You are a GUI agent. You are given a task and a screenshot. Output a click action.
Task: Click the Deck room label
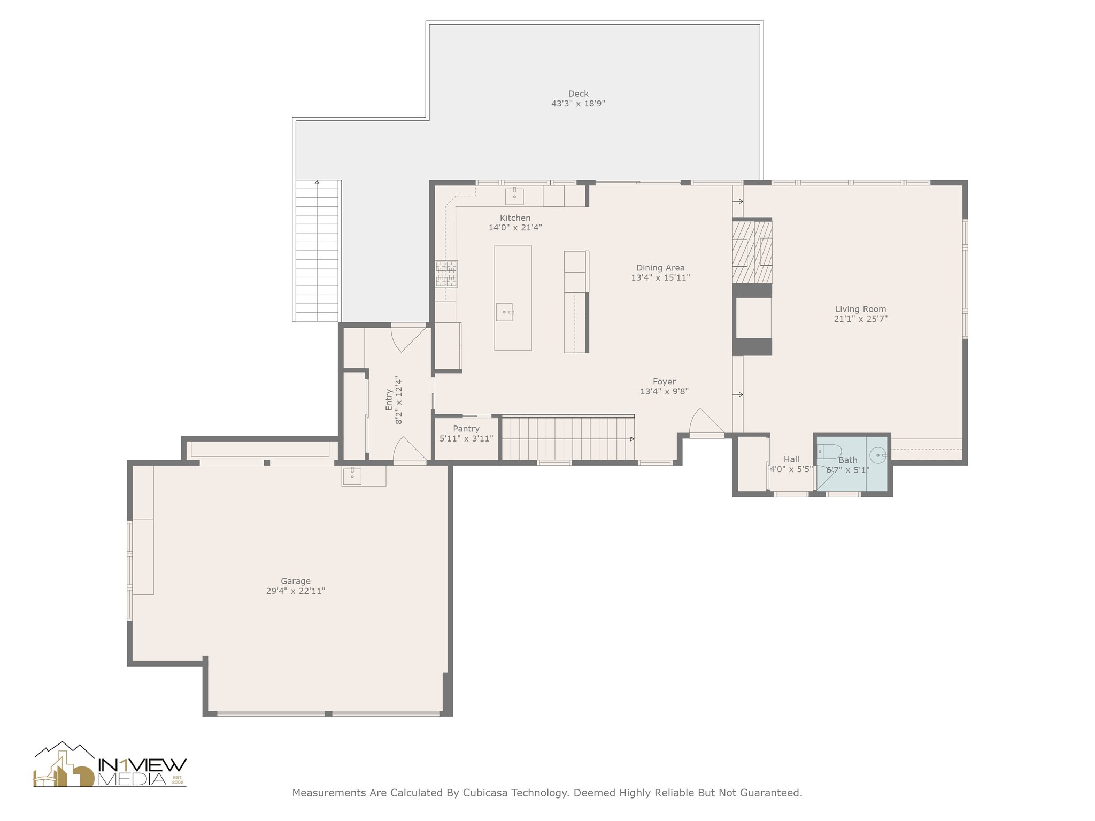(578, 94)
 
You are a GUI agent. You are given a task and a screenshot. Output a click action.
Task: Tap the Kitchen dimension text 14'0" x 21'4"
(515, 228)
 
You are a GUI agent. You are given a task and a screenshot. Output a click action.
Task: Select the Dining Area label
(660, 268)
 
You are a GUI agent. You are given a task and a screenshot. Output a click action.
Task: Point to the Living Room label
(860, 309)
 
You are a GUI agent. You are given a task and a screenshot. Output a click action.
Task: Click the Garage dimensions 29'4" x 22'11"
(296, 591)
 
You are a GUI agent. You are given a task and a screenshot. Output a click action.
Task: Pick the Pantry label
(466, 429)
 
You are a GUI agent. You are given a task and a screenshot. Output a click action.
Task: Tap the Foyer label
(664, 382)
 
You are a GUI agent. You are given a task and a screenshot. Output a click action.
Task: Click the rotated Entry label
(389, 399)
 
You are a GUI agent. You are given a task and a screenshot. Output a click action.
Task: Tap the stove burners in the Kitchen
(446, 274)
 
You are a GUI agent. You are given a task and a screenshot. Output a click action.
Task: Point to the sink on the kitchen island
(504, 311)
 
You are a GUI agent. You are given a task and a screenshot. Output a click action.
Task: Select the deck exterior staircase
(317, 250)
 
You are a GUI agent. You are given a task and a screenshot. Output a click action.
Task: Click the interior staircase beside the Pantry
(568, 438)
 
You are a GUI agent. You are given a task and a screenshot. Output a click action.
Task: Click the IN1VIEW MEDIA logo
(110, 765)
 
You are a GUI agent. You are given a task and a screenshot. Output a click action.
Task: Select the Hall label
(791, 459)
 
